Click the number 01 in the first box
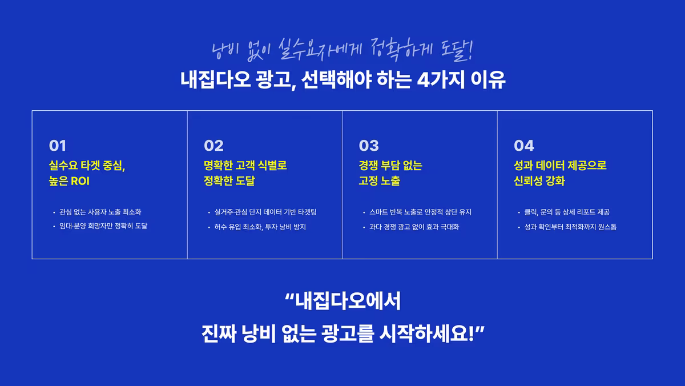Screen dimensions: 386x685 click(58, 146)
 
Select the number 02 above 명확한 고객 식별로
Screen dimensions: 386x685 click(213, 146)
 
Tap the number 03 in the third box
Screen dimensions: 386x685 click(369, 146)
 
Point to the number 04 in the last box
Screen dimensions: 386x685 click(523, 146)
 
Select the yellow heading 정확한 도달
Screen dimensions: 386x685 click(229, 182)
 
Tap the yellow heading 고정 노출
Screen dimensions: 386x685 click(379, 182)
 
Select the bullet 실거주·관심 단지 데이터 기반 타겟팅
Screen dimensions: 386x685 click(265, 212)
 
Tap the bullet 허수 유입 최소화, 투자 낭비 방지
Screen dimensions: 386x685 click(260, 227)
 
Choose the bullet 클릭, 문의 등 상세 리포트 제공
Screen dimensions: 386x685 click(567, 212)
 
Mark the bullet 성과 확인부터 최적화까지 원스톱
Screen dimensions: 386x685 click(570, 227)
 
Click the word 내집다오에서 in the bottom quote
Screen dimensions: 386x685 click(348, 301)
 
